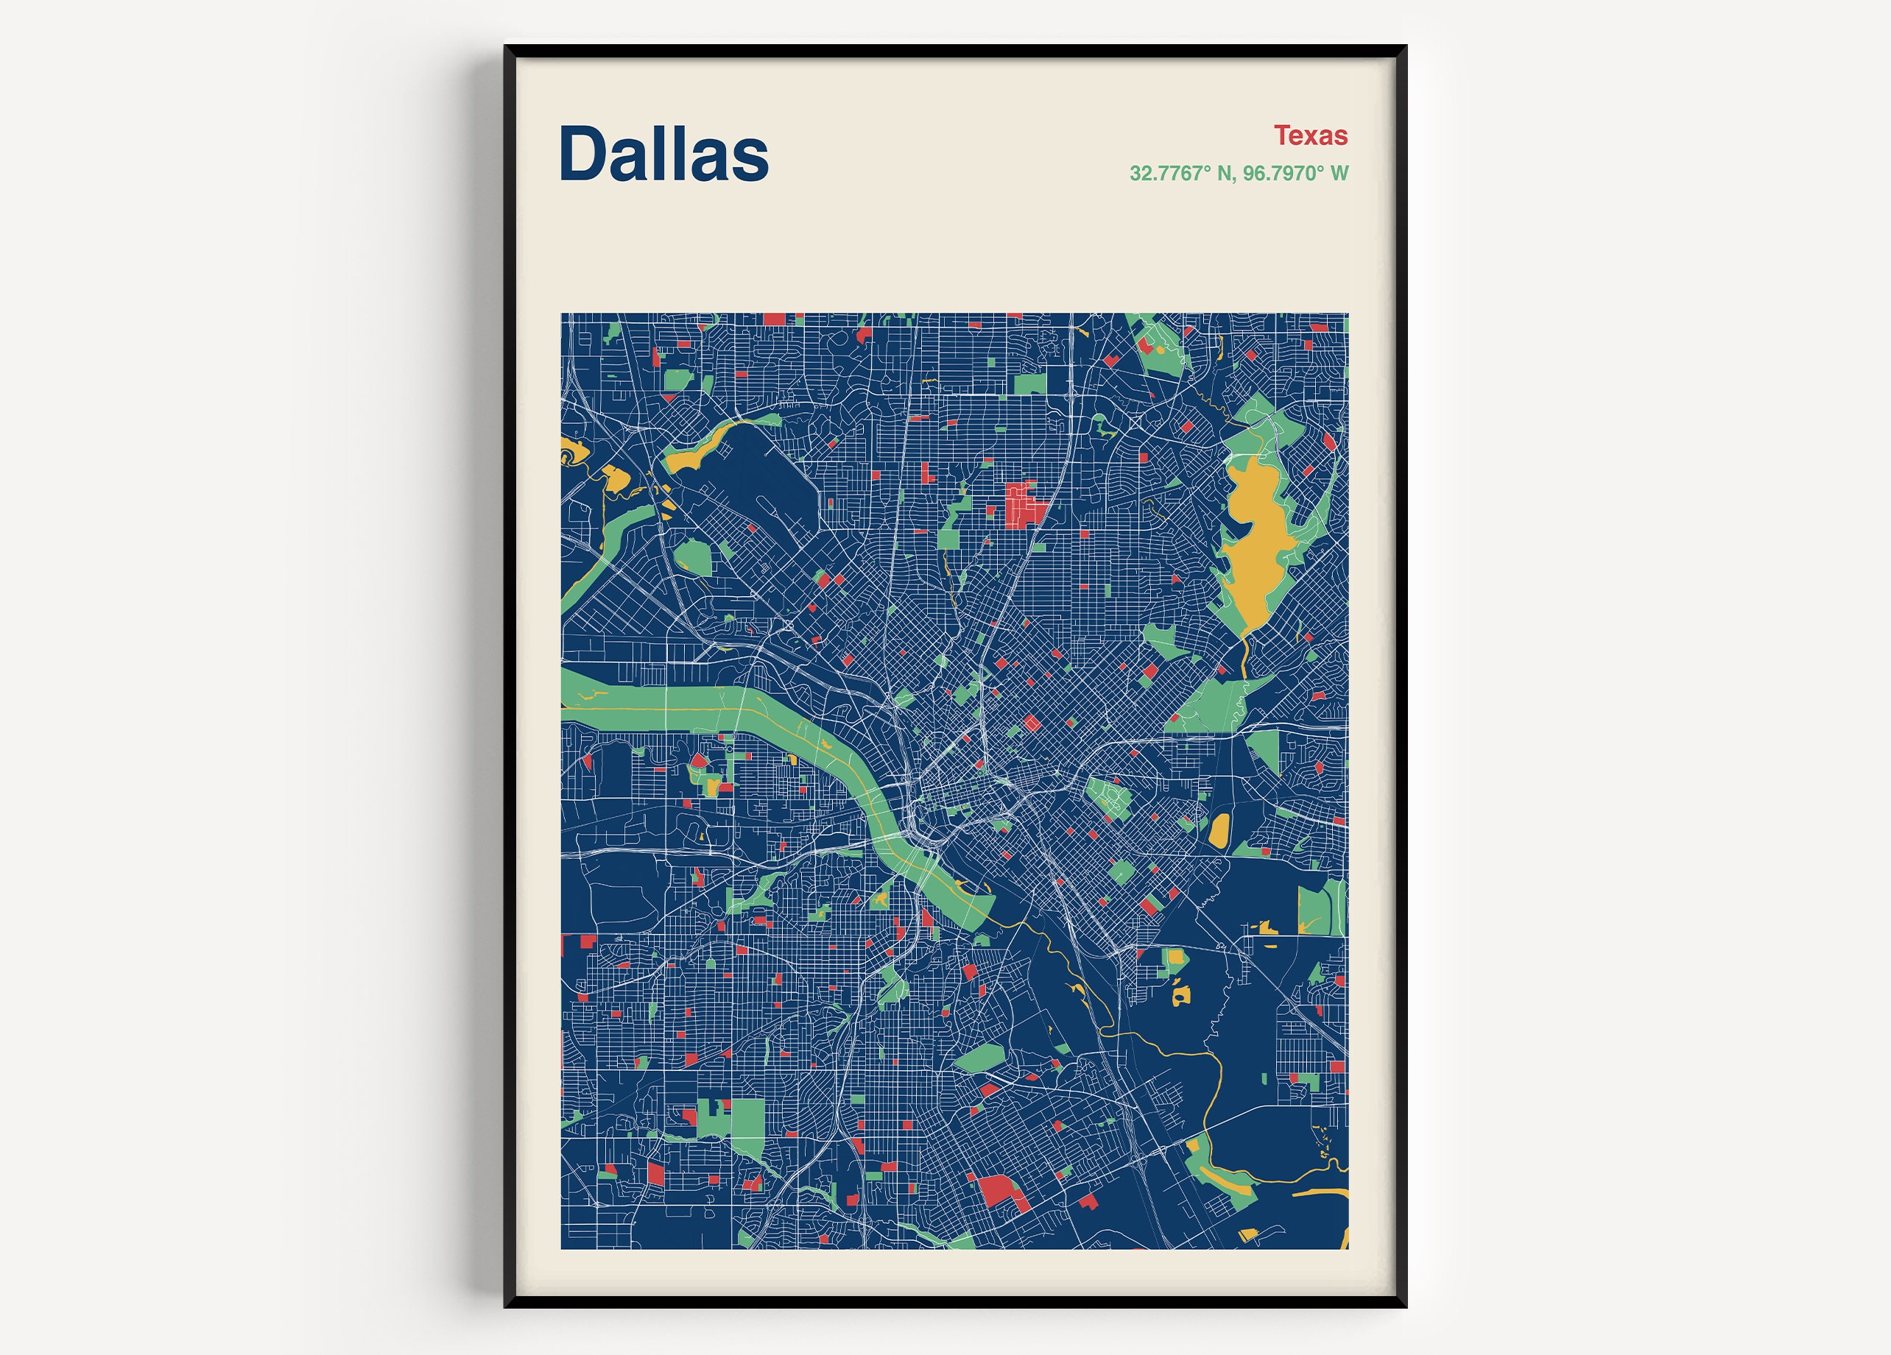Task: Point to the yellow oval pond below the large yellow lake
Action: coord(1219,831)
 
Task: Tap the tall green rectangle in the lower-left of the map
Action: coord(748,1128)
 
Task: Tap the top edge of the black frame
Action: coord(954,51)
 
